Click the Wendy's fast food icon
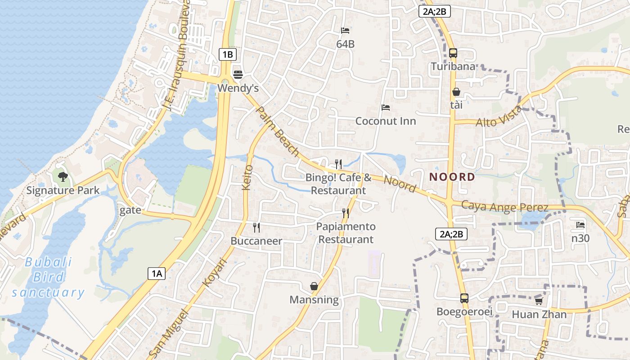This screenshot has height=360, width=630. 238,74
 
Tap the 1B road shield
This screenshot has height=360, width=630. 227,55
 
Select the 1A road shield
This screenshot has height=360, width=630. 157,273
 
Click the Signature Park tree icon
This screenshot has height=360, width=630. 63,176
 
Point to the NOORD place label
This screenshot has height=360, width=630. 452,177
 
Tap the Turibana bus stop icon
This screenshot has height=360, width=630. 453,53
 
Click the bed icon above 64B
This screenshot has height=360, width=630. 345,31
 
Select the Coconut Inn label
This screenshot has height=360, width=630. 386,121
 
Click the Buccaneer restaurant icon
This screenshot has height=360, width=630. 256,227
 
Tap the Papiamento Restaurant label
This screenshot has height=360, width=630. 346,233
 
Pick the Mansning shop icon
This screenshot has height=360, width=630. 314,286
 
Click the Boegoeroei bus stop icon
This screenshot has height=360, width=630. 464,298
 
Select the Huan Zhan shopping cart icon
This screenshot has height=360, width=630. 539,301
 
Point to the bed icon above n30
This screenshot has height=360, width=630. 580,225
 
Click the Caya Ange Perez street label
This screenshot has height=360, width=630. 505,207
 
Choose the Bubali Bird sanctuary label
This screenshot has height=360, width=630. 48,278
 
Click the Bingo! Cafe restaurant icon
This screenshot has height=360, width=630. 338,164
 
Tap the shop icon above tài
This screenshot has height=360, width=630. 456,92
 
